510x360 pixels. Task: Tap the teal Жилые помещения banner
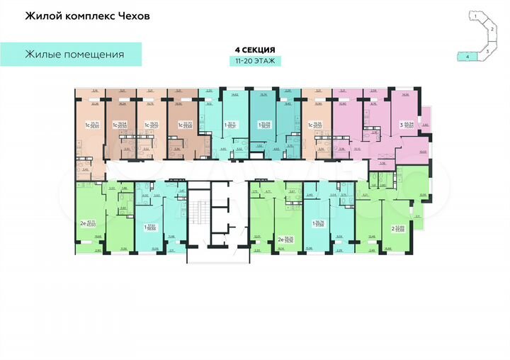click(x=74, y=54)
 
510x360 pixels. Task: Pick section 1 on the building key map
click(x=482, y=15)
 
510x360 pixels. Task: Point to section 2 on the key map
click(x=491, y=30)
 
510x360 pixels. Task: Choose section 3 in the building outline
click(x=487, y=50)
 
